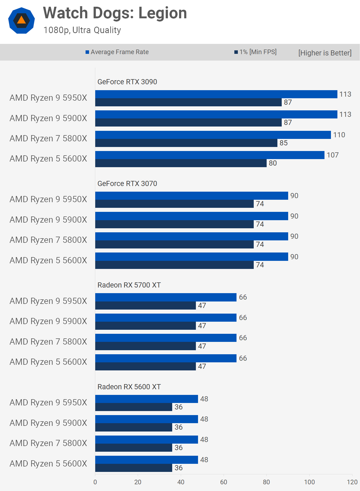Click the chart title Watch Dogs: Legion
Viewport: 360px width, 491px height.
click(115, 13)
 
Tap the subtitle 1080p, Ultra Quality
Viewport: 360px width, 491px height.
click(82, 30)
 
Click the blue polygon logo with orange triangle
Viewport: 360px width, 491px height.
click(22, 20)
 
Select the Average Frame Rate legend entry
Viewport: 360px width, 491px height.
click(117, 52)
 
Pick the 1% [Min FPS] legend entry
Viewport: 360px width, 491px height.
click(255, 52)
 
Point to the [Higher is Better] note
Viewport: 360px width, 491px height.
click(325, 53)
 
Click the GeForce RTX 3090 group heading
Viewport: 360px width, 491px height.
click(127, 82)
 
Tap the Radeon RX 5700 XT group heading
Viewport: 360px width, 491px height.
click(129, 285)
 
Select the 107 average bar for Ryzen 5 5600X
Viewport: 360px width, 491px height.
click(210, 155)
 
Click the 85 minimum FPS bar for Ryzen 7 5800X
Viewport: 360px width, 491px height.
click(186, 143)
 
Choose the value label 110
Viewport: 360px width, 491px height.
click(339, 135)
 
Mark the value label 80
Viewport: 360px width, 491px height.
click(273, 163)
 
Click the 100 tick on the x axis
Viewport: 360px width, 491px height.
click(309, 482)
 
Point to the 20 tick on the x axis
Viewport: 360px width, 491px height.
click(138, 482)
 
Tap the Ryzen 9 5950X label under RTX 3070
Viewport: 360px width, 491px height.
click(48, 199)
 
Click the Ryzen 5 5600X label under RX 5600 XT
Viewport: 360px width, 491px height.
click(48, 464)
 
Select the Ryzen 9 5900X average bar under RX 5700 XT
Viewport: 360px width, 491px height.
click(166, 318)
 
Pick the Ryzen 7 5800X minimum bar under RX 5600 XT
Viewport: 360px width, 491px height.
click(134, 448)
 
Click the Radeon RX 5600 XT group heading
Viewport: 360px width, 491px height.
click(129, 387)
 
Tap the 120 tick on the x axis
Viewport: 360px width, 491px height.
click(352, 482)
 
